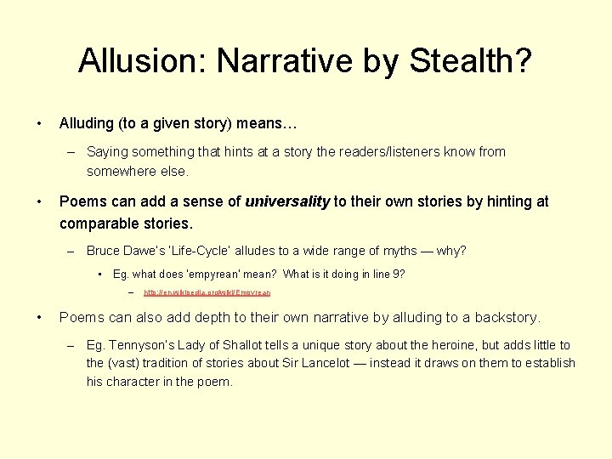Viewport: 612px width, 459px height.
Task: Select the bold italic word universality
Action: [x=287, y=201]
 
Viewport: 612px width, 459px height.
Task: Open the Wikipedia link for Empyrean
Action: [x=207, y=292]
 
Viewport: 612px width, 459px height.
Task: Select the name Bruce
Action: [x=103, y=251]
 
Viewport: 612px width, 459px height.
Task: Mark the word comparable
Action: [x=98, y=224]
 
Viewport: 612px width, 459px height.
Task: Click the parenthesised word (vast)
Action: [x=126, y=363]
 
